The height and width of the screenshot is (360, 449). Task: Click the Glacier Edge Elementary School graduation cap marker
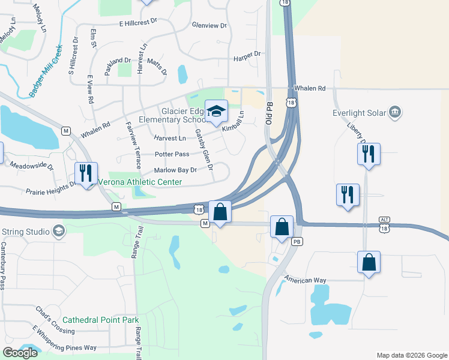(217, 111)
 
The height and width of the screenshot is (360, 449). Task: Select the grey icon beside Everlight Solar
(395, 111)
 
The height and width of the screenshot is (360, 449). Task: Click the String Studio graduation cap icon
(58, 231)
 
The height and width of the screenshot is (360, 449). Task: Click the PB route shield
(296, 241)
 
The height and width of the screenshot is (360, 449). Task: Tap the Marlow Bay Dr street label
(175, 170)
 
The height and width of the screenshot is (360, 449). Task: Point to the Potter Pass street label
(172, 154)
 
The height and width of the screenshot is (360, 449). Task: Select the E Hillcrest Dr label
(137, 23)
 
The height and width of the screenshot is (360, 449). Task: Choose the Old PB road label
(268, 113)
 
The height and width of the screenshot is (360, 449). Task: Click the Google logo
(20, 353)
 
